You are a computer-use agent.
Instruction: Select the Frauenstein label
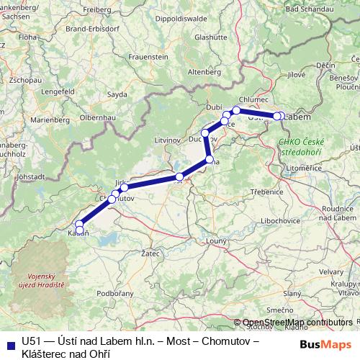click(x=149, y=55)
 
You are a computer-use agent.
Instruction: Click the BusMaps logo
click(x=325, y=344)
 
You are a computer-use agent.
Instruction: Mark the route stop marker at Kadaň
click(x=80, y=231)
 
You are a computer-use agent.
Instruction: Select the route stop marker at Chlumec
click(x=236, y=110)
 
